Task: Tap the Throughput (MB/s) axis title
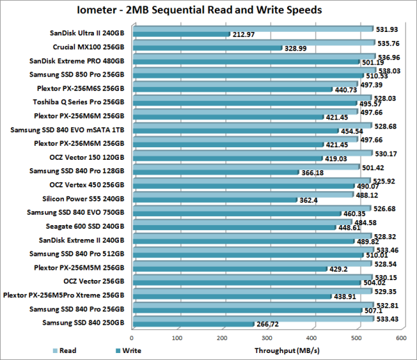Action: click(293, 350)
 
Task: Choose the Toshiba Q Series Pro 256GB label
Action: click(81, 101)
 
